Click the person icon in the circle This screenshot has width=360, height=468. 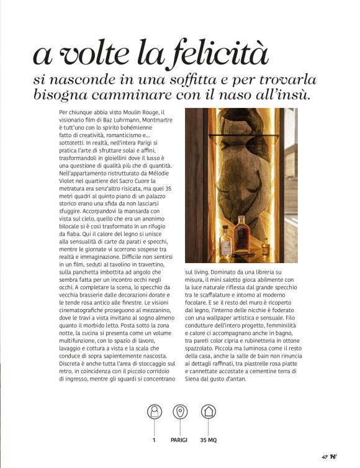click(153, 412)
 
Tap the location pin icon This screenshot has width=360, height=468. click(180, 412)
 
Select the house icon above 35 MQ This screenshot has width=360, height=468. click(208, 412)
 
